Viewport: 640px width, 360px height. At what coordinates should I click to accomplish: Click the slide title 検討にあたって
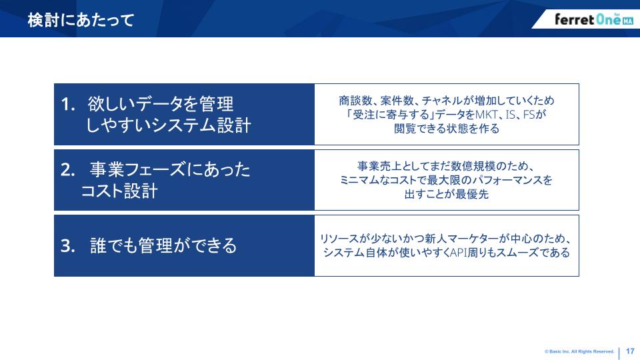click(81, 20)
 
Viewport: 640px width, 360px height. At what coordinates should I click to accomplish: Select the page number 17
click(630, 351)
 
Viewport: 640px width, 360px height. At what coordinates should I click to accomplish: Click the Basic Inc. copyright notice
click(579, 351)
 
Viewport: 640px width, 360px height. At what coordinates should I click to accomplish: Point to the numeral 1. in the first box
click(68, 104)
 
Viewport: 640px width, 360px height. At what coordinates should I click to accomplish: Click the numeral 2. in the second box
click(68, 169)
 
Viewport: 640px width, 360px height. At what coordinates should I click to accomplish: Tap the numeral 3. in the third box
click(68, 246)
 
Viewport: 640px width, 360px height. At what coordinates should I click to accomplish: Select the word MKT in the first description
click(487, 115)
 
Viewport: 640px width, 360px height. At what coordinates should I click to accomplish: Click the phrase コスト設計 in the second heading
click(119, 191)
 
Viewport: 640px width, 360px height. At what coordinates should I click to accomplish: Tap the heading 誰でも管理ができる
click(163, 246)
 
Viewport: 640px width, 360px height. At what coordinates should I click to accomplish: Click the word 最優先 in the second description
click(472, 194)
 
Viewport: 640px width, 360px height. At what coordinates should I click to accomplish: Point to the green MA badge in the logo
click(628, 21)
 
